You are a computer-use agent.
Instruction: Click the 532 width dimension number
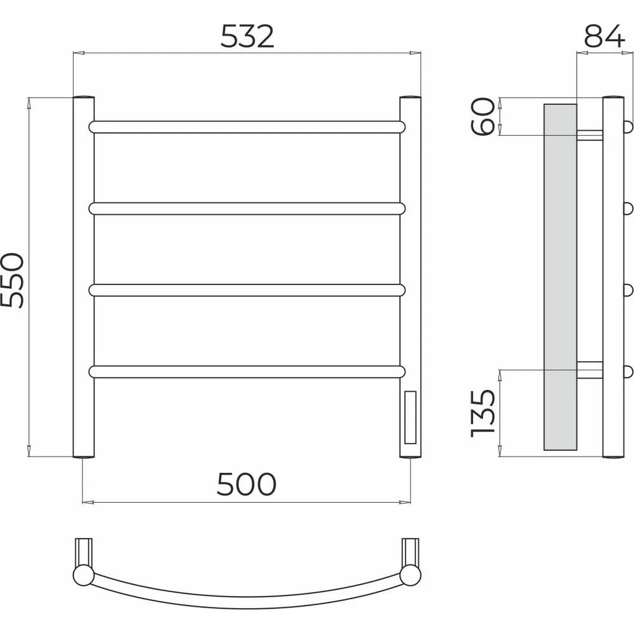247,37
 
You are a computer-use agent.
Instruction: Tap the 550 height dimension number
13,281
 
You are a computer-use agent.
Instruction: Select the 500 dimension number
247,484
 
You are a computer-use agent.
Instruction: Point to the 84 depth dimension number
604,36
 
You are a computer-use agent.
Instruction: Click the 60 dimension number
482,117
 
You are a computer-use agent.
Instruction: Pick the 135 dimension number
483,413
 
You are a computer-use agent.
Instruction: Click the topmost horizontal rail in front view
247,127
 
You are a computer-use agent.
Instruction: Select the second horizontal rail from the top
247,209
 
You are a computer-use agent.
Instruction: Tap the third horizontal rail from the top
247,290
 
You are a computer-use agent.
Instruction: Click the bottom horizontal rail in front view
247,372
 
